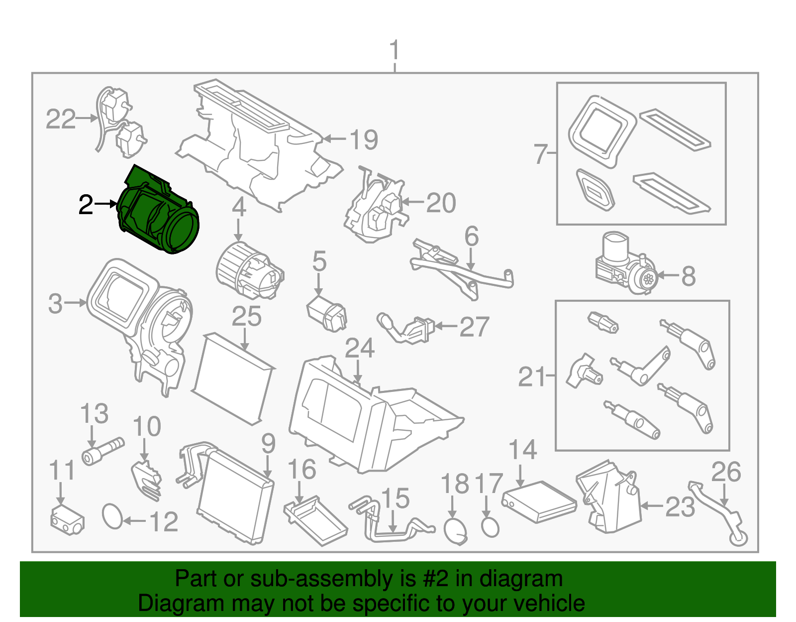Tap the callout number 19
tap(364, 139)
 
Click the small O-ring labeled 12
tap(112, 516)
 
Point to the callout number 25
tap(247, 316)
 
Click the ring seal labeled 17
tap(490, 526)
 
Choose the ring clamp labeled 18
tap(455, 531)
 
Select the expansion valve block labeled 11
tap(67, 518)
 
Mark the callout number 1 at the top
tap(394, 51)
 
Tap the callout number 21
tap(532, 376)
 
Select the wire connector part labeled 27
tap(406, 328)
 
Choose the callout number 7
tap(540, 154)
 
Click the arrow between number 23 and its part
tap(652, 506)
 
